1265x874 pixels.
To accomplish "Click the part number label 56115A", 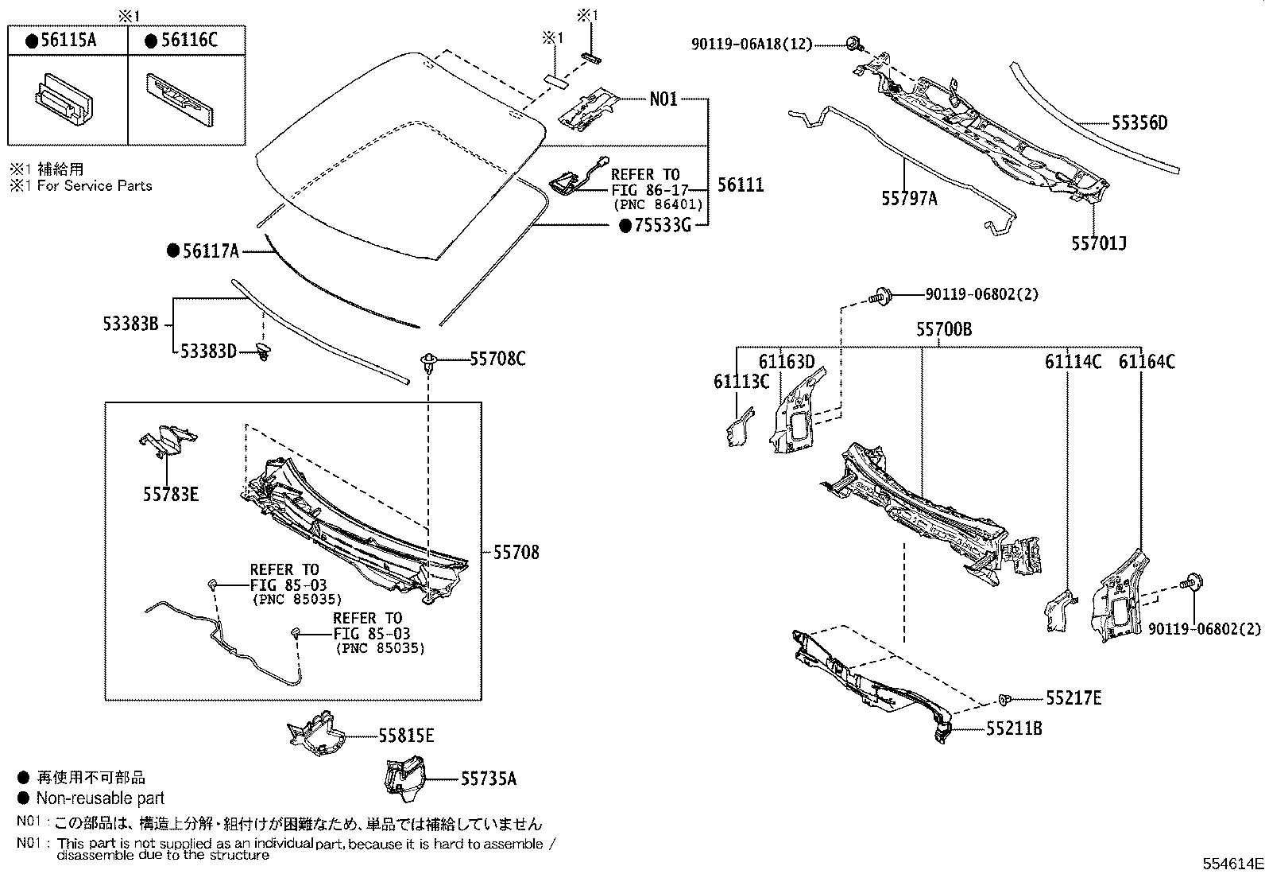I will [x=67, y=41].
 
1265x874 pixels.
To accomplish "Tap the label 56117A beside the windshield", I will [x=210, y=251].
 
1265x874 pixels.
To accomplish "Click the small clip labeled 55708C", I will [x=429, y=362].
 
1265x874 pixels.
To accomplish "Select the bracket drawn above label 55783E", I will [x=168, y=440].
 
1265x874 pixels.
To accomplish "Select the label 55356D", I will [x=1139, y=122].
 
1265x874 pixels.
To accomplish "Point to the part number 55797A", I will [x=908, y=199].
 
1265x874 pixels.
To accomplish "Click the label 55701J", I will [x=1098, y=243].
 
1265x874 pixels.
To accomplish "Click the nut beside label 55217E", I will [x=1005, y=699].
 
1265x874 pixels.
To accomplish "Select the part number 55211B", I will [x=1014, y=728].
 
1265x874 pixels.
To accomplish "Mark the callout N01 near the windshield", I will [x=663, y=99].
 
